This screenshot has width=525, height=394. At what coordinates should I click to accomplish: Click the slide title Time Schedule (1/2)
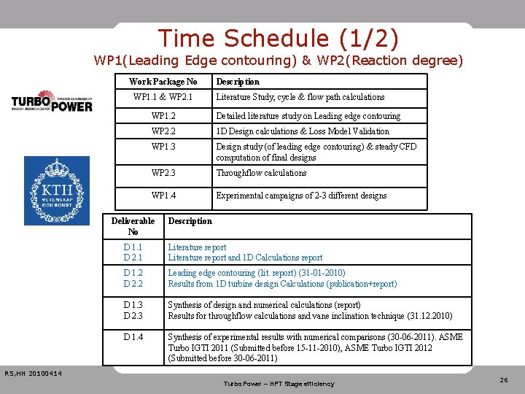coord(279,38)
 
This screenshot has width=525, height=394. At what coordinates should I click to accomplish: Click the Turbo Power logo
coord(52,101)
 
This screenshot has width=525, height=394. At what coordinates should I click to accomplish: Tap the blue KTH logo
coord(57,190)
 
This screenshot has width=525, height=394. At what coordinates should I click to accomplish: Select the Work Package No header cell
coord(163,82)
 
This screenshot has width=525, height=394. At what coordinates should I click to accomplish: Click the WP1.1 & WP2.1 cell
coord(163,97)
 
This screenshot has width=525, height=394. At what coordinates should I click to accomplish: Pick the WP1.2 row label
coord(163,116)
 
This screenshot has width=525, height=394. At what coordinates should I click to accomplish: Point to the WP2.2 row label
coord(163,131)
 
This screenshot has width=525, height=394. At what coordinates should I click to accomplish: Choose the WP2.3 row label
coord(163,173)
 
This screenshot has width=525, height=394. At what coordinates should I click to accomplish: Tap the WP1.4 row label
coord(163,196)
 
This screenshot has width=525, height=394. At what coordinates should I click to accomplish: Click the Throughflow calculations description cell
coord(260,173)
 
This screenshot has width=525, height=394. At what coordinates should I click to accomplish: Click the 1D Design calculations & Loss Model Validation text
coord(302,131)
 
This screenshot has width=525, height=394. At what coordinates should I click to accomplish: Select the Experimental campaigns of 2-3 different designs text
coord(300,196)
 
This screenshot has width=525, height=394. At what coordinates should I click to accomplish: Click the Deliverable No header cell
coord(133,226)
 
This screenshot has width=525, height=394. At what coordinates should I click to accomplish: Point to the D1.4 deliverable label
coord(133,337)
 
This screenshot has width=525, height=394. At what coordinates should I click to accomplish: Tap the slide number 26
coord(503,379)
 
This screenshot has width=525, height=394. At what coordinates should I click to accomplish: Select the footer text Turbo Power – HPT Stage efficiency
coord(279,384)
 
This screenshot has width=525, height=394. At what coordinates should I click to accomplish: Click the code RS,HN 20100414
coord(33,374)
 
